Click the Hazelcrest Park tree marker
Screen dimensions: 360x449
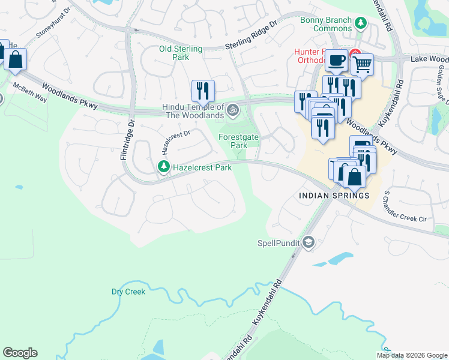coord(163,167)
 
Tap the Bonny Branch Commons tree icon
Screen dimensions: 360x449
coord(361,24)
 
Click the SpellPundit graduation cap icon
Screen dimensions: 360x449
coord(309,242)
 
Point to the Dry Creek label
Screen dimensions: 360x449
coord(128,292)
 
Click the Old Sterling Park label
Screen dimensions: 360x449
coord(181,53)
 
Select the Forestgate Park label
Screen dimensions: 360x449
coord(238,141)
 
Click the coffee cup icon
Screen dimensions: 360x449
coord(336,60)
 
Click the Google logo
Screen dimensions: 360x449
coord(20,353)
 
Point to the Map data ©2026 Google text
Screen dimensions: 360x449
coord(412,355)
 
